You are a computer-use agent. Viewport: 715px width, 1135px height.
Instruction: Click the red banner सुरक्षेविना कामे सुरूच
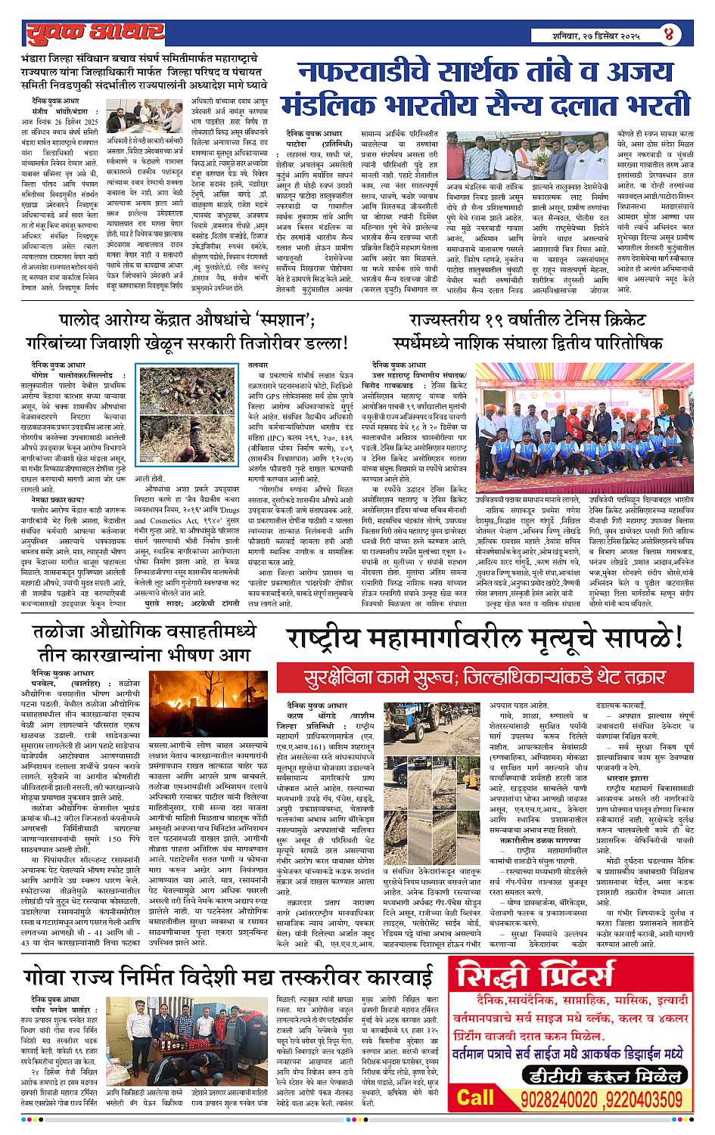pyautogui.click(x=485, y=675)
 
